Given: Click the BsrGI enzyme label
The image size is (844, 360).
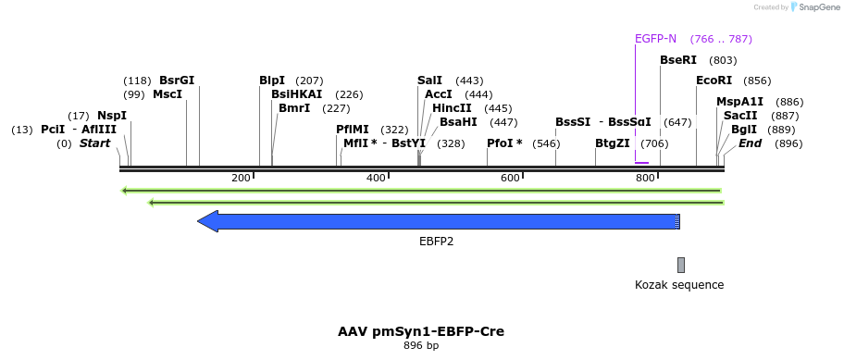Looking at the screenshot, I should point(177,81).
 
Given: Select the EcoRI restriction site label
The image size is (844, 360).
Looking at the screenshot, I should point(714,81).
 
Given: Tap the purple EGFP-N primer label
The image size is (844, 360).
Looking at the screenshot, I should point(655,39).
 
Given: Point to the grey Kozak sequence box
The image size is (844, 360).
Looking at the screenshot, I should point(681,265).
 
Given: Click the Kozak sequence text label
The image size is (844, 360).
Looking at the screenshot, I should point(679,285).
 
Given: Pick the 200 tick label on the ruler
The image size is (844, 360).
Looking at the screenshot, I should point(242,178).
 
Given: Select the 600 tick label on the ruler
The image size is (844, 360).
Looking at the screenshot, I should point(510,178).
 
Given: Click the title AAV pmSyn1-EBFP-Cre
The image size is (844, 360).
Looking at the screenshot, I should point(421,331).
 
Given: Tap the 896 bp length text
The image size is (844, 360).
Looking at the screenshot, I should point(421,346).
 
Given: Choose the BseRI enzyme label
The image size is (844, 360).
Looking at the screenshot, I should point(678,60).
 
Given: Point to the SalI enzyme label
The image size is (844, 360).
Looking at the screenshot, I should point(429,81).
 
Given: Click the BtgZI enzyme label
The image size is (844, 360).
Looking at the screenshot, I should point(613,143).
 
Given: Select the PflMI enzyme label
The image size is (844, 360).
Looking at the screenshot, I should point(353,130).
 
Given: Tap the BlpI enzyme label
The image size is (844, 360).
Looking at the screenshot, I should point(272,81).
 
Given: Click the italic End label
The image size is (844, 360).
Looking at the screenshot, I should point(750,143).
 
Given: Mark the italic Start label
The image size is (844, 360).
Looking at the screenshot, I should point(94,143).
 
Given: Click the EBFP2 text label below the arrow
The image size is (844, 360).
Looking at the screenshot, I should point(436,242).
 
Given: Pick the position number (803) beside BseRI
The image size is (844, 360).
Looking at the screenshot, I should point(723,60).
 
